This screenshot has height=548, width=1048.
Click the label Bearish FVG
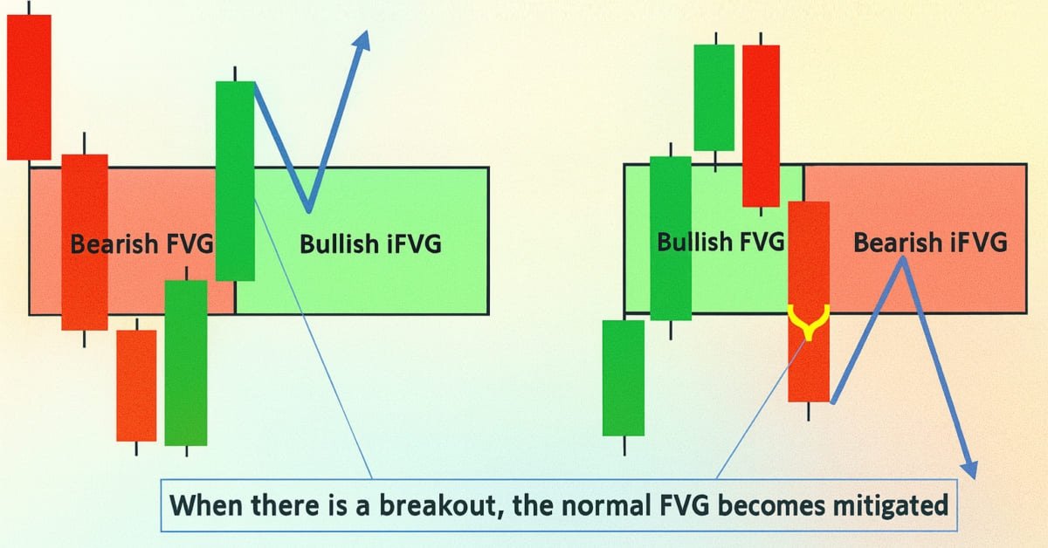141,244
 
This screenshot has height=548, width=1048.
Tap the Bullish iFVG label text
370,244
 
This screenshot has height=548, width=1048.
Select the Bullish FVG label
720,242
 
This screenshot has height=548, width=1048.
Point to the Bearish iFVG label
930,242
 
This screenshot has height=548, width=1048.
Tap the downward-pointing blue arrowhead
968,467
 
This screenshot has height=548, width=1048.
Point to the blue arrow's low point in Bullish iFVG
308,210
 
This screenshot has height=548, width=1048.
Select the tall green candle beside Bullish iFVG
235,181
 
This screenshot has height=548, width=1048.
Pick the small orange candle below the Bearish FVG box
136,385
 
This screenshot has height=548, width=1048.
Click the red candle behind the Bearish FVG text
85,242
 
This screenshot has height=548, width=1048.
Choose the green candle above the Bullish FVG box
714,97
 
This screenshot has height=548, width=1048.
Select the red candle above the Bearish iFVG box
761,125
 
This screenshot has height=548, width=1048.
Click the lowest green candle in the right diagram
624,377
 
